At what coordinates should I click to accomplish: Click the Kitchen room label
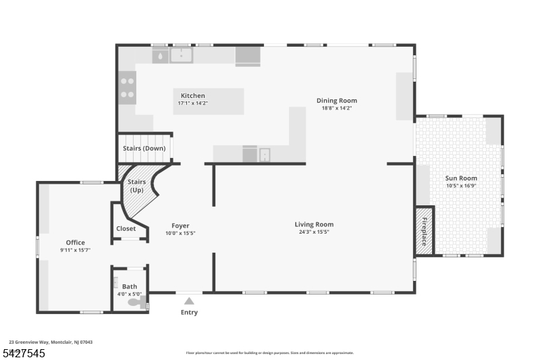coord(192,96)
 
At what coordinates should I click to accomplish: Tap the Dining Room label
coord(337,101)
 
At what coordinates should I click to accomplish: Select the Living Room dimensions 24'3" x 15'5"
coord(314,232)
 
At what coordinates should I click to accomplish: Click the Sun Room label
coord(461,178)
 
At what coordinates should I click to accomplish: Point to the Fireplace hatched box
coord(425,230)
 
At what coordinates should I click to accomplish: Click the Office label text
coord(75,242)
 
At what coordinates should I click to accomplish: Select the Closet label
coord(126,228)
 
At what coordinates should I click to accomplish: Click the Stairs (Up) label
coord(136,186)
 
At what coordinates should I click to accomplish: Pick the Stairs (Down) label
coord(144,149)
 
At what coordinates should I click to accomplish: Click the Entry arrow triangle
coord(190,301)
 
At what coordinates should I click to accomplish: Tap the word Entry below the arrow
coord(190,312)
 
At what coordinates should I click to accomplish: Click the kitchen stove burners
coord(127,87)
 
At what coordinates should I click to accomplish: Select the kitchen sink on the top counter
coord(181,55)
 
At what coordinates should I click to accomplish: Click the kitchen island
coord(208,101)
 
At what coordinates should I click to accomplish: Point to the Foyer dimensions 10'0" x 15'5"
coord(180,233)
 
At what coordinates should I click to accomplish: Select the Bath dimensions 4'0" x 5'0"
coord(130,294)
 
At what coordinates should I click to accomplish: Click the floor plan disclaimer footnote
coord(269,353)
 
